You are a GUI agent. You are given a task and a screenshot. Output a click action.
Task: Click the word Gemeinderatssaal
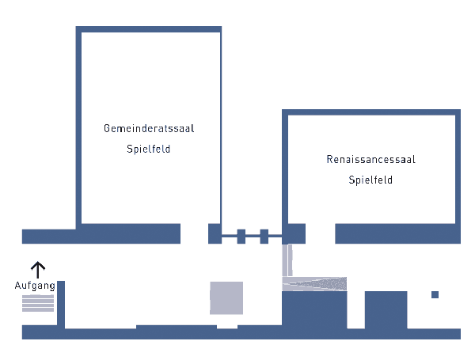(x=149, y=128)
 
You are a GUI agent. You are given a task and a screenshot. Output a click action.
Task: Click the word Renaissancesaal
(x=370, y=159)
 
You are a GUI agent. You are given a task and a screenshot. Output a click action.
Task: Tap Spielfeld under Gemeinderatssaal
(x=149, y=149)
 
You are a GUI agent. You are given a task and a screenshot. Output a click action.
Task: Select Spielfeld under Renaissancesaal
(x=370, y=180)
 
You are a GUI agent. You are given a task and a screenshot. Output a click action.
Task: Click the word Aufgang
(x=35, y=285)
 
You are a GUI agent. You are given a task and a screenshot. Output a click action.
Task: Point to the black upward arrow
(x=36, y=268)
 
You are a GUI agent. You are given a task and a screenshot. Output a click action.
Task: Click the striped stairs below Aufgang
(x=38, y=303)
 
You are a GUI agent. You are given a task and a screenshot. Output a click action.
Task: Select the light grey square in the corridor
(x=226, y=297)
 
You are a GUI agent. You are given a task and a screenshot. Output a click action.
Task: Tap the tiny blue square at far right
(x=435, y=295)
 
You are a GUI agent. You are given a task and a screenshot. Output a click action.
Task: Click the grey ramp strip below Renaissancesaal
(x=315, y=283)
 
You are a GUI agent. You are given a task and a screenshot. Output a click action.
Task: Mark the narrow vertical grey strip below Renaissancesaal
(x=287, y=260)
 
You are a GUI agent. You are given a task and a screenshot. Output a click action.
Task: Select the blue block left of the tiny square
(x=386, y=309)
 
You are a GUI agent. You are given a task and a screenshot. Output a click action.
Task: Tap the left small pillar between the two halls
(x=241, y=235)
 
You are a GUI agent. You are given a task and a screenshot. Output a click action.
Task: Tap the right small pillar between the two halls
(x=264, y=235)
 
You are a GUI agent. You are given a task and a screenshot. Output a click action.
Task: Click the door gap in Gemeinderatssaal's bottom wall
(x=194, y=234)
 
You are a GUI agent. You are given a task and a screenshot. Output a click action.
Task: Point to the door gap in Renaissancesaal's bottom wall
(x=320, y=234)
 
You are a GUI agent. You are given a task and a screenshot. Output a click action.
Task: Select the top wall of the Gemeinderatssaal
(x=149, y=29)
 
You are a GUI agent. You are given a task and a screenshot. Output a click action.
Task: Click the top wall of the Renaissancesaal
(x=371, y=112)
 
